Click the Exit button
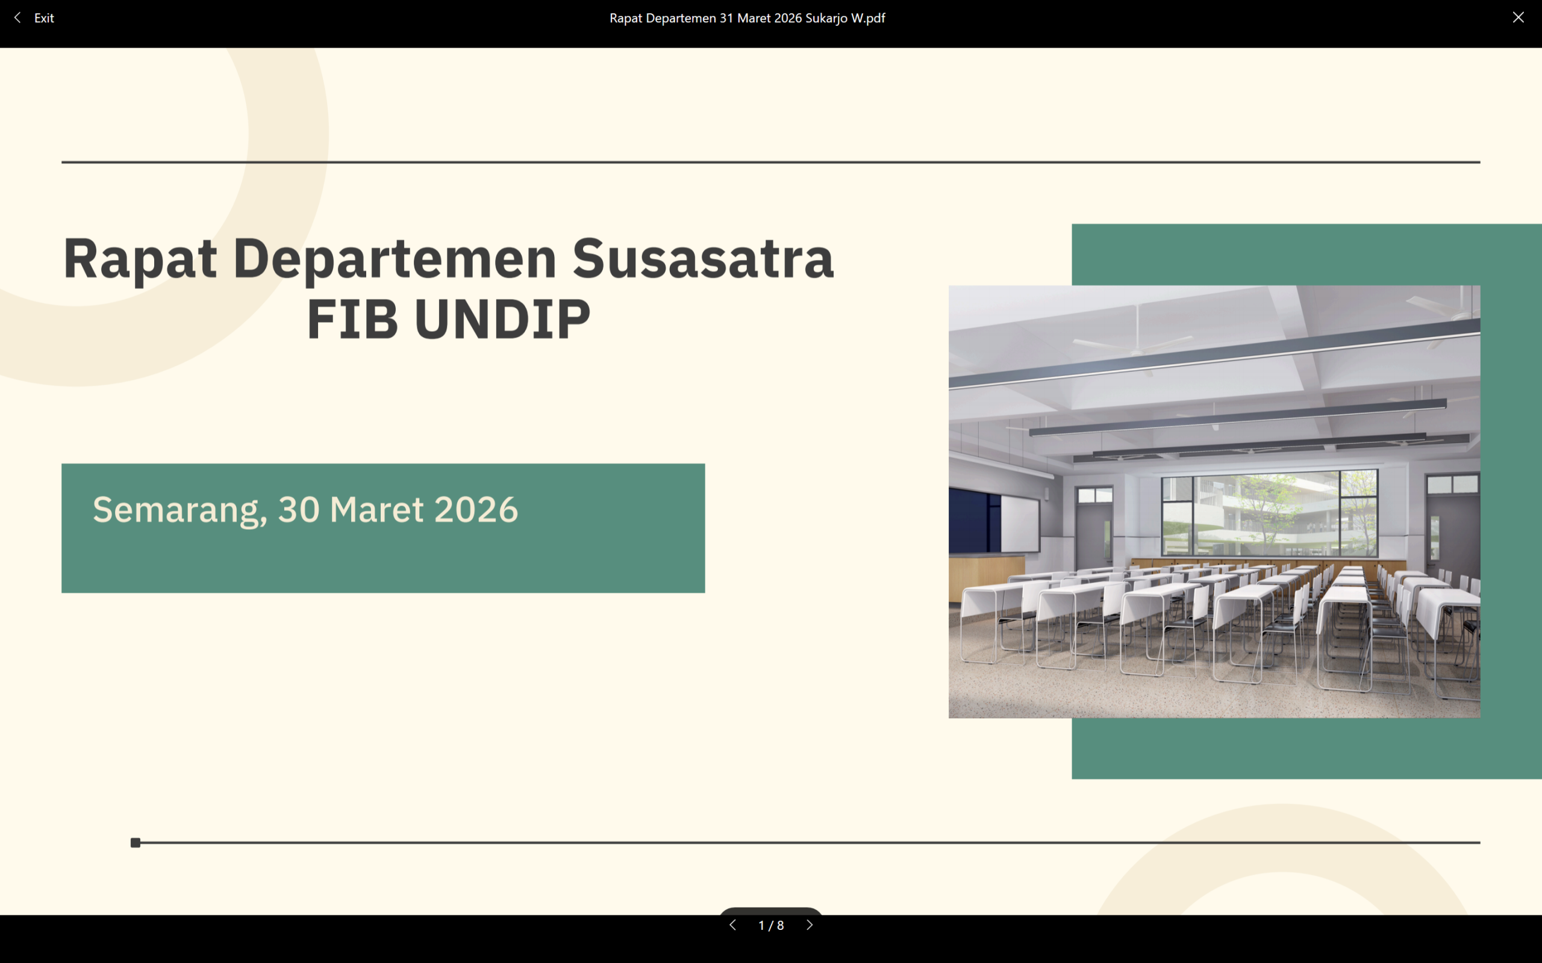coord(34,18)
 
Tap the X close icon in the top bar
coord(1519,18)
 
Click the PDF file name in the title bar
coord(747,18)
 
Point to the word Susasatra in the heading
coord(703,259)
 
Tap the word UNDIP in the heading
coord(502,319)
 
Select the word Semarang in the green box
coord(179,511)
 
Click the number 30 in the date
coord(299,510)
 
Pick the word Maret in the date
coord(376,510)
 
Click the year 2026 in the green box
coord(476,510)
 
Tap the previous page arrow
coord(733,925)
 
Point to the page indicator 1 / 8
coord(771,926)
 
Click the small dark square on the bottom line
coord(135,843)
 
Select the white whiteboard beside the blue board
coord(1020,524)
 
